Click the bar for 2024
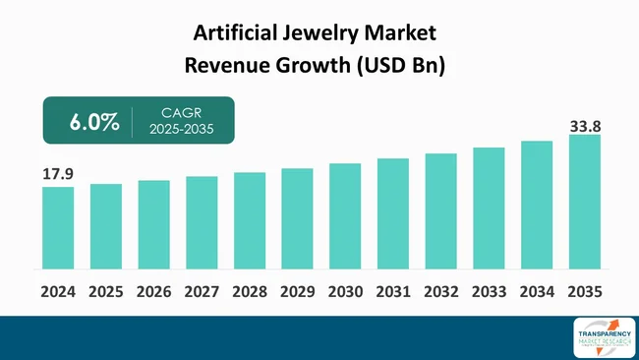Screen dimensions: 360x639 (x=58, y=227)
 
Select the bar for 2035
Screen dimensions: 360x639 (x=585, y=202)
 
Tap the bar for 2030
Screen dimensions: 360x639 (x=345, y=215)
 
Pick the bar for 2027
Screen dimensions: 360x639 (x=202, y=222)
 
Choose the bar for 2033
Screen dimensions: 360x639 (x=489, y=208)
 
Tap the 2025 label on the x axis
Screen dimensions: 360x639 (x=106, y=292)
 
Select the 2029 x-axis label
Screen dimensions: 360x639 (x=297, y=292)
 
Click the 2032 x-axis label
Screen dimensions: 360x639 (x=440, y=292)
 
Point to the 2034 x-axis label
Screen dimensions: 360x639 (x=537, y=292)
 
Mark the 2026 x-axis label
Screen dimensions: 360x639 (x=153, y=292)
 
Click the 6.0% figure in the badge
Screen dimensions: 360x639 (x=94, y=123)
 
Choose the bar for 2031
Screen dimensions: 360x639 (x=393, y=213)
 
